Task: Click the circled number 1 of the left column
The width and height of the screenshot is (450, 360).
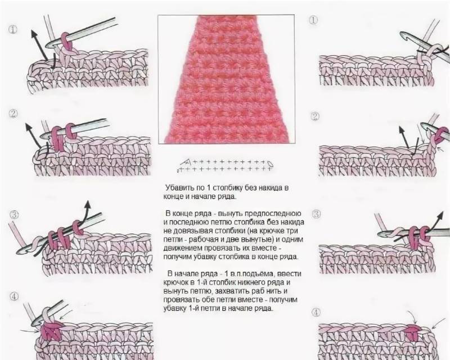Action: coord(13,30)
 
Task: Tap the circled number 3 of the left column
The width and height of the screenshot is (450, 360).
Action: coord(14,214)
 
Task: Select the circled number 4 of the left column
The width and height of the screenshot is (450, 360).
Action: coord(14,296)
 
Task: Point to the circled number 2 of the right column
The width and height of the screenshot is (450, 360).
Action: coord(315,116)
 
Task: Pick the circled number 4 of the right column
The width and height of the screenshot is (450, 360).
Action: coord(316,312)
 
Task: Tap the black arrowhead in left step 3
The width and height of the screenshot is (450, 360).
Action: coord(88,204)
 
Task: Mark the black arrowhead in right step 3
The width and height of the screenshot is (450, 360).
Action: coord(440,216)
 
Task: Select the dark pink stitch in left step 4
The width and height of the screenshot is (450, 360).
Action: coord(52,330)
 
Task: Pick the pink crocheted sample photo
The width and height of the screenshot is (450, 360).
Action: coord(226,79)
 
